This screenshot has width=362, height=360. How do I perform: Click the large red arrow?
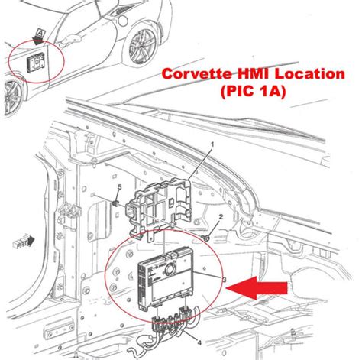click(x=259, y=288)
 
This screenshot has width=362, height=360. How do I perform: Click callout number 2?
click(x=221, y=218)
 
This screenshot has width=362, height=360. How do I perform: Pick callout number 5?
click(x=119, y=188)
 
